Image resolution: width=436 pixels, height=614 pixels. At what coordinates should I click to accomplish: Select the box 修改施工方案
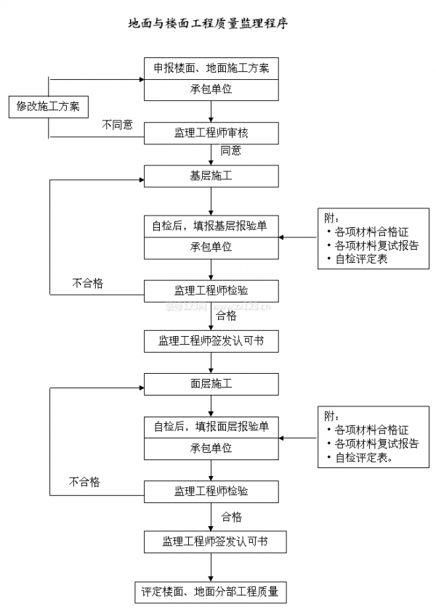point(48,107)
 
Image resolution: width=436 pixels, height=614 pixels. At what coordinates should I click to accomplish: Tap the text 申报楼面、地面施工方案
point(211,69)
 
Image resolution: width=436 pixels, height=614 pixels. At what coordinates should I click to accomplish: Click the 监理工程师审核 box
point(211,133)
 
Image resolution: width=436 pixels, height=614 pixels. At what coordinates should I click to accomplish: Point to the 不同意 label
point(117,125)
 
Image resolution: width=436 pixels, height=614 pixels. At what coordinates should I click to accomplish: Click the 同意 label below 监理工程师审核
point(231,151)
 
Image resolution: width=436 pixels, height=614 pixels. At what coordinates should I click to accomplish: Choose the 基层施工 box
point(211,176)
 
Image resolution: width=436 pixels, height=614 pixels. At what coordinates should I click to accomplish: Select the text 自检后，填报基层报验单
point(211,226)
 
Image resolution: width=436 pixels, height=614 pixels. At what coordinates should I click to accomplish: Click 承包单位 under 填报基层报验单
point(211,247)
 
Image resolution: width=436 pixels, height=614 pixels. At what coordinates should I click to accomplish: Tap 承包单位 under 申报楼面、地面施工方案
point(211,90)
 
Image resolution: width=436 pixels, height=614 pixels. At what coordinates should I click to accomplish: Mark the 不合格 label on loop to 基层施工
point(87,283)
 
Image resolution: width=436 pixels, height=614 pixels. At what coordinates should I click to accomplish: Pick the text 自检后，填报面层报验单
point(211,426)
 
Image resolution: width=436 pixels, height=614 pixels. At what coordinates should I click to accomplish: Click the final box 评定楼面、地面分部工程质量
point(210,592)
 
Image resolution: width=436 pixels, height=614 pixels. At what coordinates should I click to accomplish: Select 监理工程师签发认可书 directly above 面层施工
point(211,341)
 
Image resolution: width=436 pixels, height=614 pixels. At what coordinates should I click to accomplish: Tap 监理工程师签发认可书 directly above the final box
point(211,541)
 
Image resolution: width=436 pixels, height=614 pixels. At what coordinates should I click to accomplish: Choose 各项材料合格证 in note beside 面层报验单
point(371,430)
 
